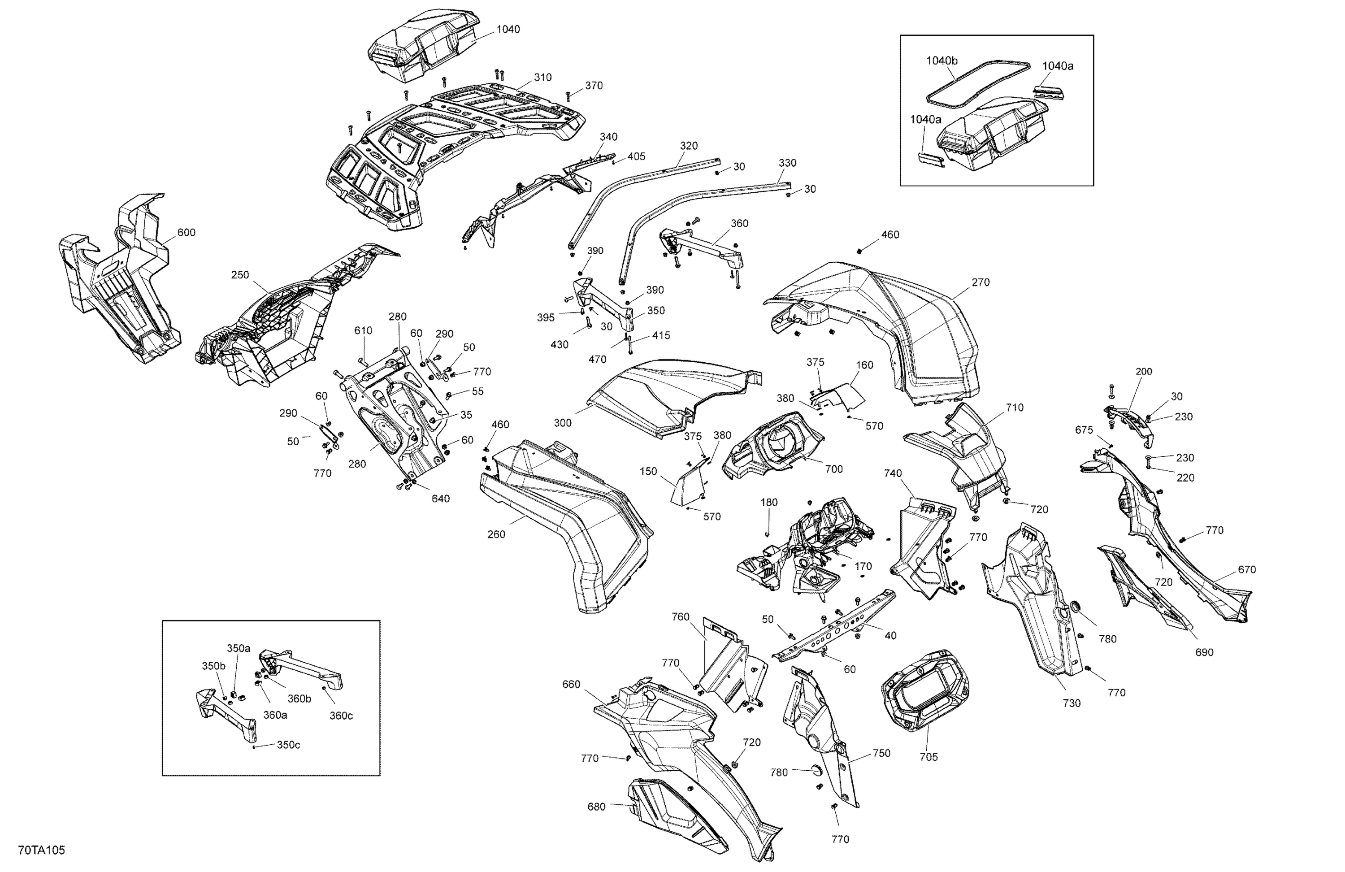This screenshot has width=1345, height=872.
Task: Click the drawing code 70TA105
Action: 41,850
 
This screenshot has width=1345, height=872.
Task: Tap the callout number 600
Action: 186,232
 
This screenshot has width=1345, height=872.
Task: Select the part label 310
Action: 542,78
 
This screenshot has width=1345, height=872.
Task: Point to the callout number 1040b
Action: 941,61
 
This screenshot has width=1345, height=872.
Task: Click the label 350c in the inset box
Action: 288,745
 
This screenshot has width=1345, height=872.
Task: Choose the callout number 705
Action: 928,757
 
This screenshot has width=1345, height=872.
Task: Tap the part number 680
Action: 596,807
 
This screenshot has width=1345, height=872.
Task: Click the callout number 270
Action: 981,282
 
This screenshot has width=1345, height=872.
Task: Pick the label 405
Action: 636,156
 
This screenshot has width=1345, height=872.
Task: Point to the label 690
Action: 1204,652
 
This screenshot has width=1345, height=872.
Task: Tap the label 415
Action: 661,336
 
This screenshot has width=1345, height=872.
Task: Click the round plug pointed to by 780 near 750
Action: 816,768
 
